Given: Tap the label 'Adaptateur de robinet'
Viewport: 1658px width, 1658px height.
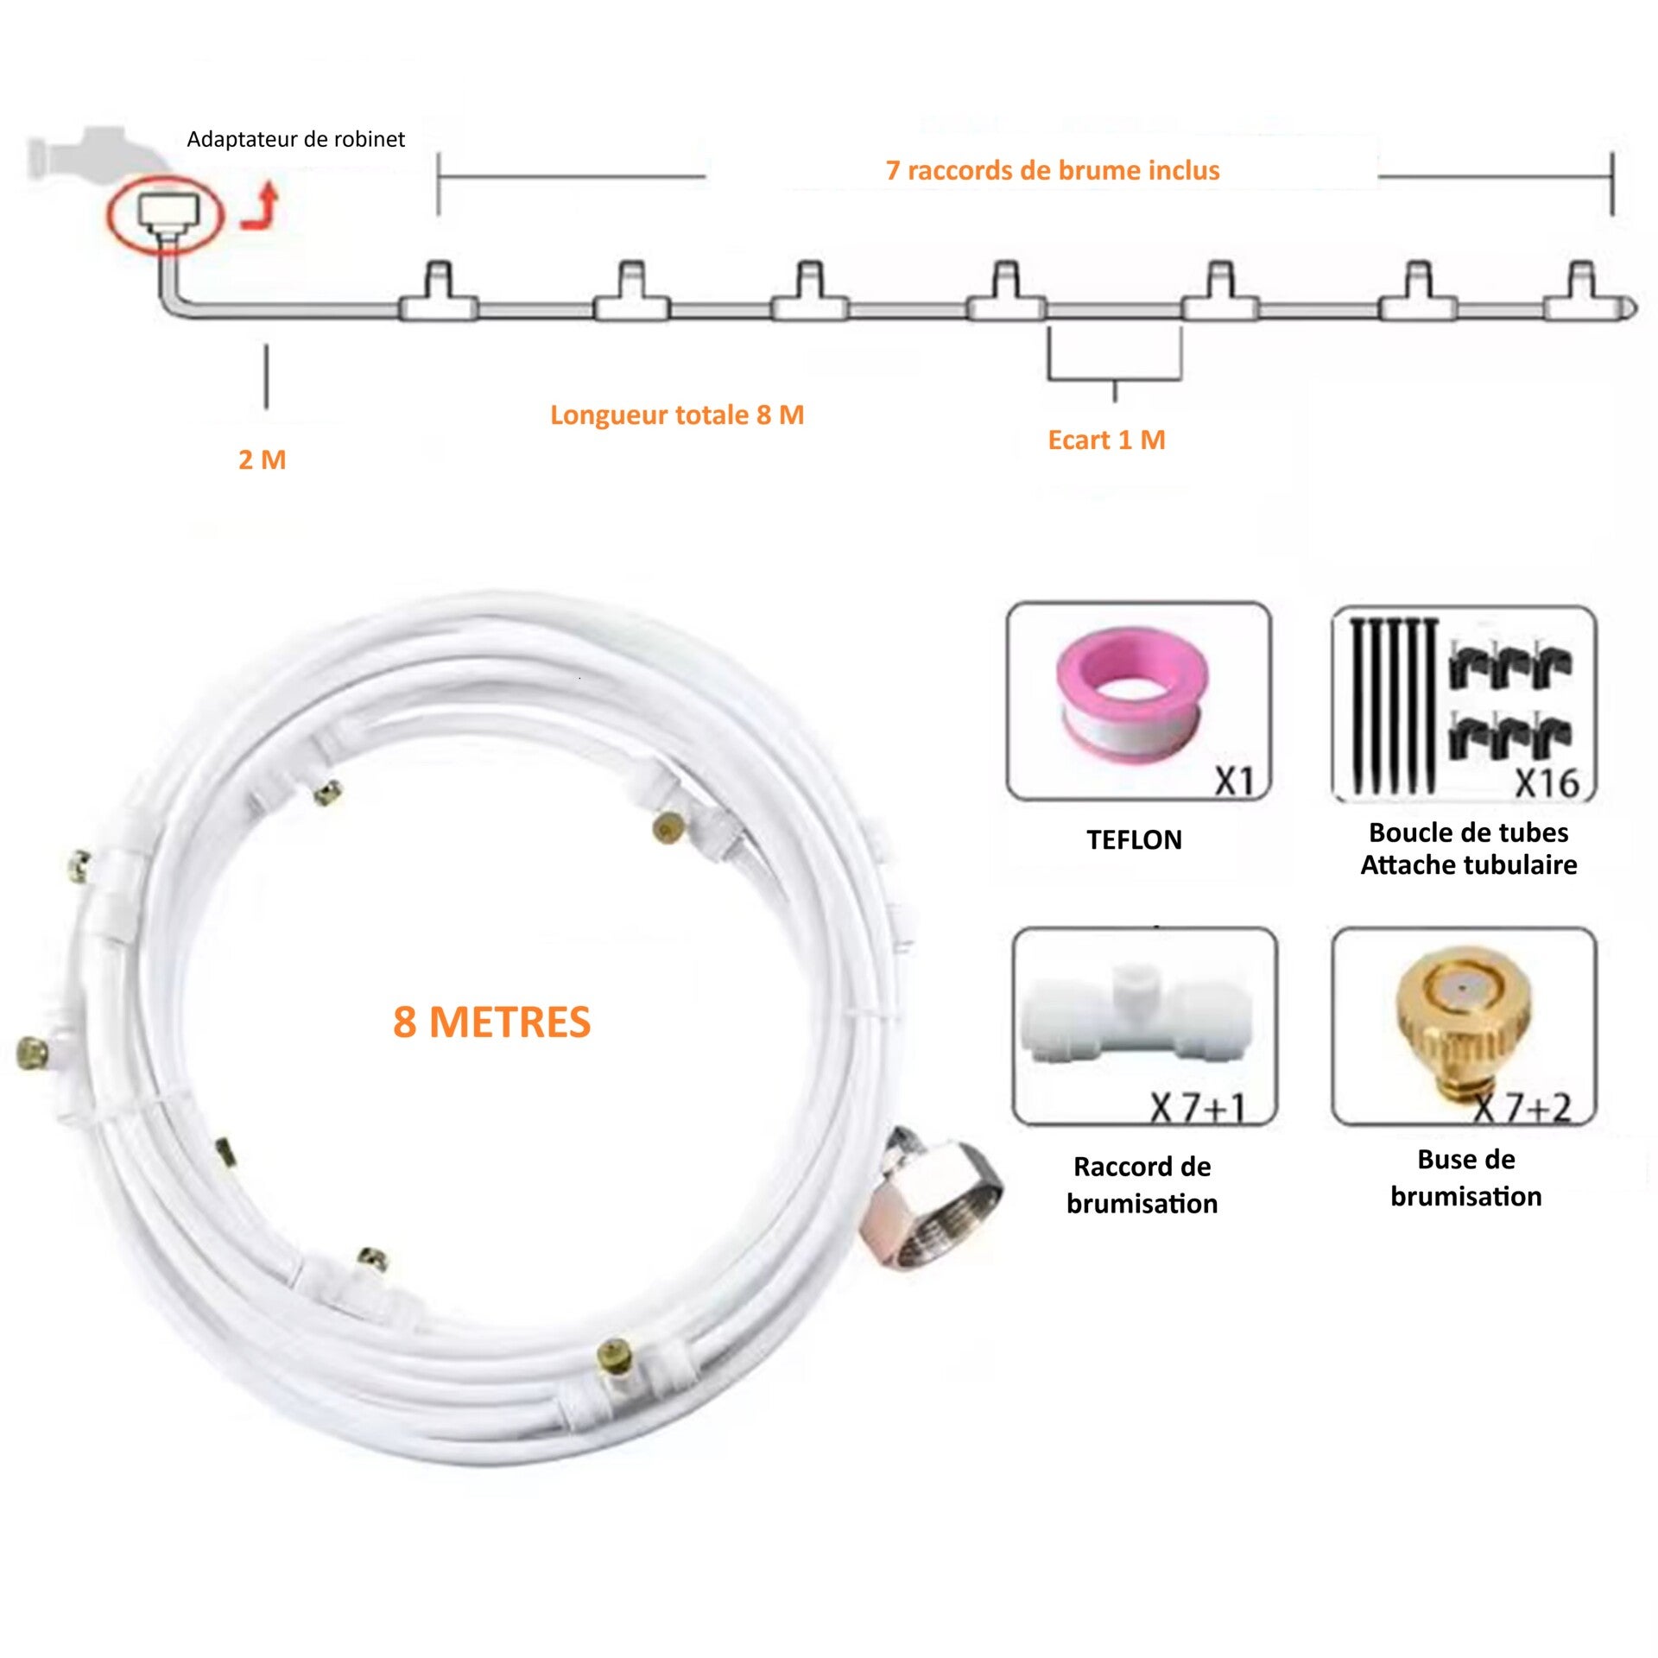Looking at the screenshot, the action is [x=295, y=139].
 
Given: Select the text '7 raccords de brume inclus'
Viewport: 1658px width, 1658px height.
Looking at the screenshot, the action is [x=1053, y=170].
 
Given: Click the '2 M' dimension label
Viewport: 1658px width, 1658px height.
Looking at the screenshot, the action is [x=263, y=459].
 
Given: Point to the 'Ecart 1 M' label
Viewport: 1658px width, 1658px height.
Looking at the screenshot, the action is [x=1106, y=440].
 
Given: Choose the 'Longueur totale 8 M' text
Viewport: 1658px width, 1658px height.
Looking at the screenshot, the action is [x=677, y=415].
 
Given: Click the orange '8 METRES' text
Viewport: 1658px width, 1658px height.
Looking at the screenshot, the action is [x=492, y=1022].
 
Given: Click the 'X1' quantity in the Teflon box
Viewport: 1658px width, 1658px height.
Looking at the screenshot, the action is [x=1235, y=782].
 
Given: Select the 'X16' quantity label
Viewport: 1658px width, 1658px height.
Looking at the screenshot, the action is [x=1547, y=783].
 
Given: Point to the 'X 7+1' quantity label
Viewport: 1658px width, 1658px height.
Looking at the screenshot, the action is [x=1198, y=1108].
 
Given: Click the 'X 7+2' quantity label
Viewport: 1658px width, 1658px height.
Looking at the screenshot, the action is [x=1522, y=1108].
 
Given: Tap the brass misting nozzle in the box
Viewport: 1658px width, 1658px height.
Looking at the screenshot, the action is [x=1463, y=1025].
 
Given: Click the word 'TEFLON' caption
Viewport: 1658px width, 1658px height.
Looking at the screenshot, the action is [x=1134, y=840].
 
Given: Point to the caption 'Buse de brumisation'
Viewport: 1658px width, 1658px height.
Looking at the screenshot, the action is [x=1466, y=1178].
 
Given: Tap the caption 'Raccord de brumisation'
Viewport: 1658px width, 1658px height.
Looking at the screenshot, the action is [x=1142, y=1185].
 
